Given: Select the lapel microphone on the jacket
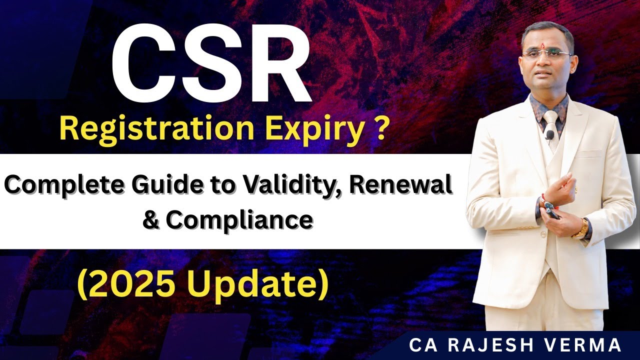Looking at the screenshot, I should pyautogui.click(x=549, y=134).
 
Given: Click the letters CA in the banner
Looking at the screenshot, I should pyautogui.click(x=421, y=345).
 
